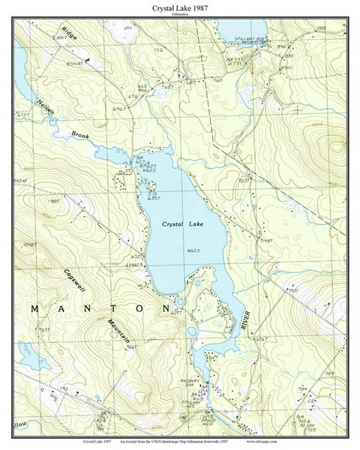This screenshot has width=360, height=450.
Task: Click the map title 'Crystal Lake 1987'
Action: click(179, 7)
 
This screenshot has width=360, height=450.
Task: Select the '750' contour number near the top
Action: click(158, 50)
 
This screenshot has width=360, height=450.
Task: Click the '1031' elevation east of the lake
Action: click(242, 181)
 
